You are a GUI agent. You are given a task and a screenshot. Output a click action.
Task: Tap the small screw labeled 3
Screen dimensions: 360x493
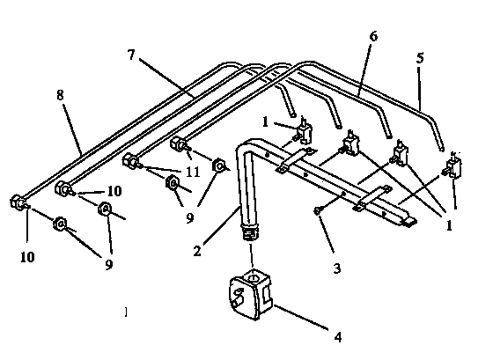point(317,209)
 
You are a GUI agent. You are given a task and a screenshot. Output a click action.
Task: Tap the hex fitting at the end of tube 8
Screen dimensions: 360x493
point(18,202)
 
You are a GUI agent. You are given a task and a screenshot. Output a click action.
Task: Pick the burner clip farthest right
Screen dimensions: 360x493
point(454,167)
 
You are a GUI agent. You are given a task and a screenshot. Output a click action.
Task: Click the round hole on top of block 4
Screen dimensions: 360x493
point(254,280)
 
